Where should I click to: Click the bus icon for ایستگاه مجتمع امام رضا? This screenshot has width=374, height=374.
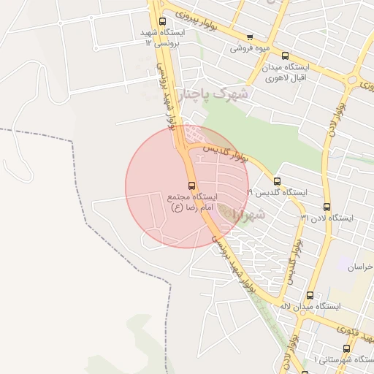point(191,186)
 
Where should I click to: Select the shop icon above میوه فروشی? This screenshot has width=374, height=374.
point(251,37)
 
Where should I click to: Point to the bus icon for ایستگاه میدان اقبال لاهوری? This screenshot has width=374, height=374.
point(285,56)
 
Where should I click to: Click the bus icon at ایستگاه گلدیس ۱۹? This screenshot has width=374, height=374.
point(277,181)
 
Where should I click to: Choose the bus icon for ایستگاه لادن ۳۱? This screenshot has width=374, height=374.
point(326,207)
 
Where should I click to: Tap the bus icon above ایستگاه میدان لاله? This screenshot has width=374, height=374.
point(310,295)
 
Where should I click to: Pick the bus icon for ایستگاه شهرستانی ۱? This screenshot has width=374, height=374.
point(346,349)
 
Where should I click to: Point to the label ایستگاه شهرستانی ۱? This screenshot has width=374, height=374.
point(344,360)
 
